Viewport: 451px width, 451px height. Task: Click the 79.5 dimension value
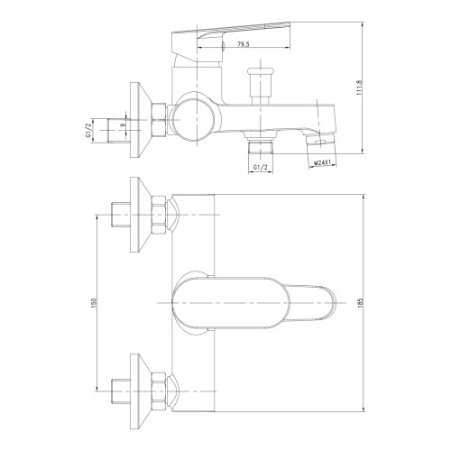pos(244,44)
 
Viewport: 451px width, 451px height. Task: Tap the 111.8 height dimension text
pos(359,87)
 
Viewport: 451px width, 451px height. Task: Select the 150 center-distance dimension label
pos(93,302)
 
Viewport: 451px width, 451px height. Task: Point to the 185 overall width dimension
pos(361,302)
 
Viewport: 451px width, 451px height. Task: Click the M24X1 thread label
pos(323,162)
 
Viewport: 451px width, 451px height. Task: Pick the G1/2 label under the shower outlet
pos(261,168)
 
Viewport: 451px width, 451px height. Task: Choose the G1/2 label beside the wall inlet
pos(88,131)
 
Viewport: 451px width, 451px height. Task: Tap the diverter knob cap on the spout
pos(261,72)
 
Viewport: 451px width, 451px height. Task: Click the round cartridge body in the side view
pos(195,120)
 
